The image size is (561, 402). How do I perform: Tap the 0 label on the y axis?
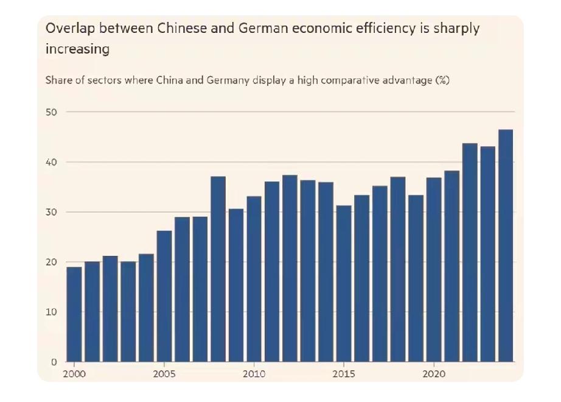(54, 362)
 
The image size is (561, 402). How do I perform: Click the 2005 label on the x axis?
(164, 373)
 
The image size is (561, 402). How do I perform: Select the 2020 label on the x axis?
(434, 373)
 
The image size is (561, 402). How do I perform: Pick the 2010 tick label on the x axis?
(254, 373)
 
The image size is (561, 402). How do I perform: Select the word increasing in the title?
(77, 49)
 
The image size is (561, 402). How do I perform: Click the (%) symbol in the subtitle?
(442, 80)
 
